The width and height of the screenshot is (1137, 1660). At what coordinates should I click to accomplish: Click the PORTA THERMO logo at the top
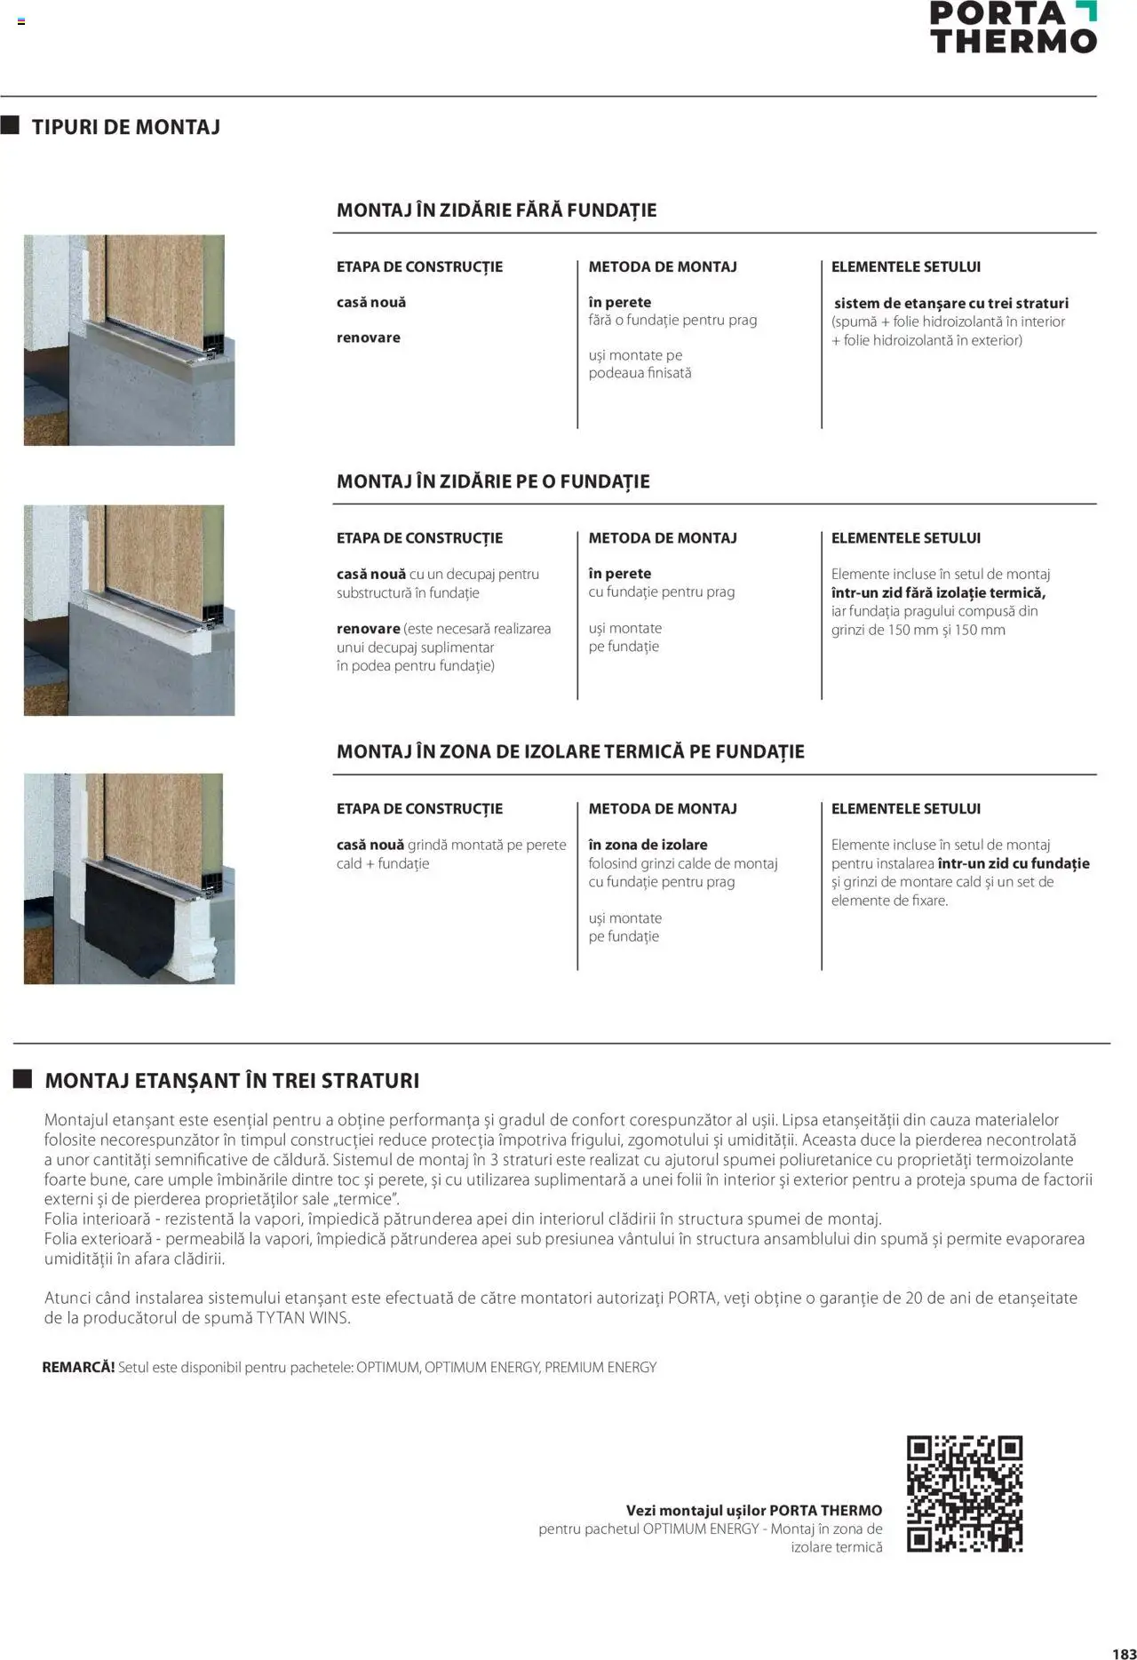click(x=1013, y=27)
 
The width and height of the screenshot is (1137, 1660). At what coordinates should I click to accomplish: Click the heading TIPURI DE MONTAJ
click(x=125, y=127)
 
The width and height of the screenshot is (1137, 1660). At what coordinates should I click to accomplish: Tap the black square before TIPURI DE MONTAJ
click(x=10, y=125)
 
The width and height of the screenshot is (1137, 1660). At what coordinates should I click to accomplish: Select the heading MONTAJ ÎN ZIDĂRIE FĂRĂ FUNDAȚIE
click(x=496, y=210)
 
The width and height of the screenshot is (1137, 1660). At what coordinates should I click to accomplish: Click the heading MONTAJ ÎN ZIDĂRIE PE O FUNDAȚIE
click(x=492, y=481)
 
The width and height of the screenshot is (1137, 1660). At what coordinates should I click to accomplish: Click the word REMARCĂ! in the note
click(x=78, y=1367)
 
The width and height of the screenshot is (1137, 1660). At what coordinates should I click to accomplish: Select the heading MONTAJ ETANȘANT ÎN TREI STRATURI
click(x=231, y=1081)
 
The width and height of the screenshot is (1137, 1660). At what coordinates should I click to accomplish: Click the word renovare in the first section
click(x=368, y=338)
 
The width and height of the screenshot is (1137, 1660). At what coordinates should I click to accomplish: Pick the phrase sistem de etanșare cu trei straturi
click(x=950, y=303)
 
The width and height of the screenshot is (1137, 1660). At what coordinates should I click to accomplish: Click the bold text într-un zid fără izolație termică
click(x=938, y=592)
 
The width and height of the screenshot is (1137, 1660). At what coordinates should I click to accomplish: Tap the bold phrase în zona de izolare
click(x=648, y=845)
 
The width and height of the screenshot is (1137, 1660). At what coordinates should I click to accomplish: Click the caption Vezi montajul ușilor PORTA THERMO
click(x=753, y=1510)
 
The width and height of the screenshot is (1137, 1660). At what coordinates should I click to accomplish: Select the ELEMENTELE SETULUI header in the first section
click(x=905, y=266)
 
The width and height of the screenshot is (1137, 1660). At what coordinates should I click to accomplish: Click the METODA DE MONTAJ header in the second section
click(x=662, y=538)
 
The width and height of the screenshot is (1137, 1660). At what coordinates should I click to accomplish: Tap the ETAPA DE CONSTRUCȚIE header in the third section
click(x=418, y=809)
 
